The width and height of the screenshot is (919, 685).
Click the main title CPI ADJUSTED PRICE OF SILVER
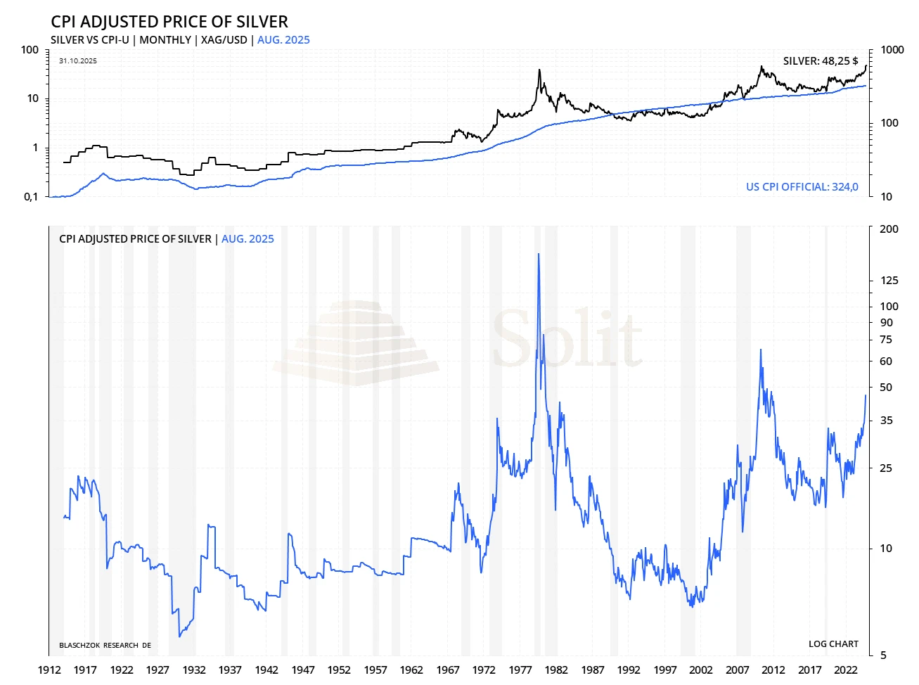(x=169, y=22)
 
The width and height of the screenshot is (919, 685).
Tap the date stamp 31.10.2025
(x=78, y=61)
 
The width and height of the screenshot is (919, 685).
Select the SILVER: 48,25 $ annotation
(x=821, y=61)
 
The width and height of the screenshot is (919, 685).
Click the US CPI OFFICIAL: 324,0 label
(x=802, y=187)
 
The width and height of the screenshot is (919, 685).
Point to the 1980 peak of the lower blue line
(x=539, y=255)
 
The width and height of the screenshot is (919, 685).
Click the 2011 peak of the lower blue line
(x=760, y=350)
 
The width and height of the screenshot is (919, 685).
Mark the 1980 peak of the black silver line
(x=539, y=70)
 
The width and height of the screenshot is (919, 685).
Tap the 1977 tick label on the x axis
(x=520, y=670)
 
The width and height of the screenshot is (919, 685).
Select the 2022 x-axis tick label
(x=846, y=670)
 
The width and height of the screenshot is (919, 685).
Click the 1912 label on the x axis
(x=49, y=670)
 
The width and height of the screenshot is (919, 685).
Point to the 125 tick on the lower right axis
(x=889, y=281)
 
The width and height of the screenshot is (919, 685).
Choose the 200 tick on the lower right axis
(x=889, y=229)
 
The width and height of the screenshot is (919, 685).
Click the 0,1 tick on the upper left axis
(x=31, y=197)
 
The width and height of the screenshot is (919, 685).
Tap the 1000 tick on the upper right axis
(x=892, y=50)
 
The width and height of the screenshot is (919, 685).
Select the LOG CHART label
(x=833, y=644)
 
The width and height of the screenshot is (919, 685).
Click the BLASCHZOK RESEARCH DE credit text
(x=105, y=646)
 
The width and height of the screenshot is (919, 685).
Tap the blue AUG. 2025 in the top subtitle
(x=283, y=40)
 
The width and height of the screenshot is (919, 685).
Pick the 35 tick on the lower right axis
(x=886, y=421)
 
